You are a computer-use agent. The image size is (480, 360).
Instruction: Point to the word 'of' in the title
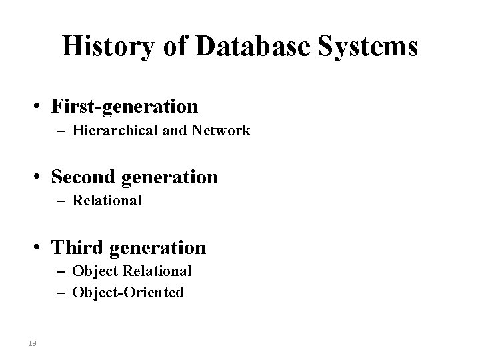169,47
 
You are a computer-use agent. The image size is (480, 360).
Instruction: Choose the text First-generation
124,106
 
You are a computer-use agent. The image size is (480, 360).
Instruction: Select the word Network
221,131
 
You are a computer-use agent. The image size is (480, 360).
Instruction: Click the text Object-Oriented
128,292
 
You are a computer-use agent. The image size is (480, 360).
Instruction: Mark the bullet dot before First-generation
41,107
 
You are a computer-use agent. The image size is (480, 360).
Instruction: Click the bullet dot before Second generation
41,177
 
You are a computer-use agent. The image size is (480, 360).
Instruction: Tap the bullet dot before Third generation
41,249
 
